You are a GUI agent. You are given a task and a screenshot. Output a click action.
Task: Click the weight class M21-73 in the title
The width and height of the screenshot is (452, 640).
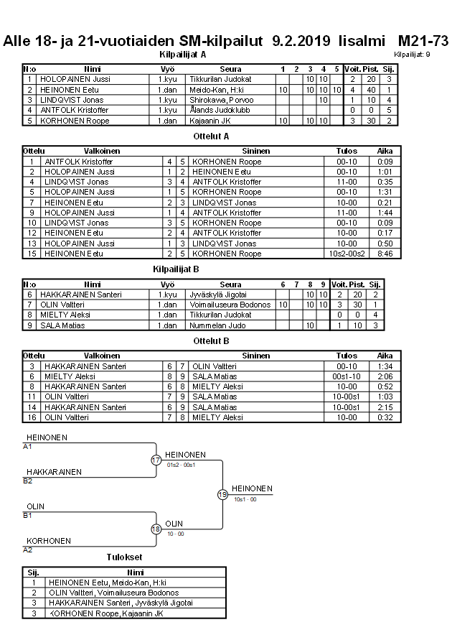coord(423,41)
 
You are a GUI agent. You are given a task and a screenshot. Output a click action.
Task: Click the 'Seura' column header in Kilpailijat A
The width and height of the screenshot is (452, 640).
coord(230,69)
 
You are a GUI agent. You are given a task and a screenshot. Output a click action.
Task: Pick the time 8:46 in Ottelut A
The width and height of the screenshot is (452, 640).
coord(385,254)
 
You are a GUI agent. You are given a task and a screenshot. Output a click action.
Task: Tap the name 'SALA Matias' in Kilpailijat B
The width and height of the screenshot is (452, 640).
coord(62,325)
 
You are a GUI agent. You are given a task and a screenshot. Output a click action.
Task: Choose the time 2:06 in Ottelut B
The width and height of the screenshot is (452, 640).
coord(385,376)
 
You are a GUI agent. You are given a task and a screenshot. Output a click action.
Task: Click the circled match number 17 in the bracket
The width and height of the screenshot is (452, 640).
coord(156,460)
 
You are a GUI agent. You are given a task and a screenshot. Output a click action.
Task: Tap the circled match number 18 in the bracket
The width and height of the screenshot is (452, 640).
coord(156,529)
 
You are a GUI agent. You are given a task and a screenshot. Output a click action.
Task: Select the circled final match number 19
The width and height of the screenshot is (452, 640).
coord(222,494)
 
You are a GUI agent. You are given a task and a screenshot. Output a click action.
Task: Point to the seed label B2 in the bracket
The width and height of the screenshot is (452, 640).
coord(28,481)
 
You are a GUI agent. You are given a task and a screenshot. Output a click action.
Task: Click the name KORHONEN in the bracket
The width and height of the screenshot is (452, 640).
coord(47,540)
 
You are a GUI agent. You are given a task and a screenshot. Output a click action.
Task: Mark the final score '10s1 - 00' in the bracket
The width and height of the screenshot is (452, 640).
coord(245,499)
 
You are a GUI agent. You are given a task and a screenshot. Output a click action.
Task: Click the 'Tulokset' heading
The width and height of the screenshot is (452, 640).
coord(123,557)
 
